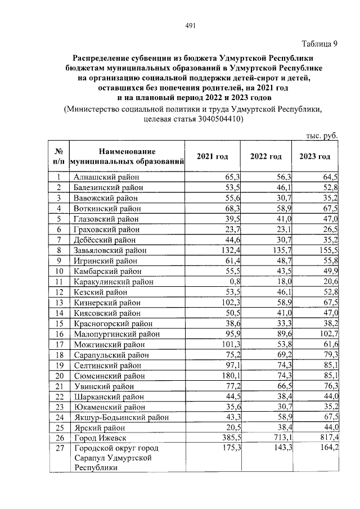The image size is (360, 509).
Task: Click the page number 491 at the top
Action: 190,25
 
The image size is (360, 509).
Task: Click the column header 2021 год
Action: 213,156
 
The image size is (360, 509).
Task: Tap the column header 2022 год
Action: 265,156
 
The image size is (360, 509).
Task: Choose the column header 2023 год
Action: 314,156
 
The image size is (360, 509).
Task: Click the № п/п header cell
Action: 58,156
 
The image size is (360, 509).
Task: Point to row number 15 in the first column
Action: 58,323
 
